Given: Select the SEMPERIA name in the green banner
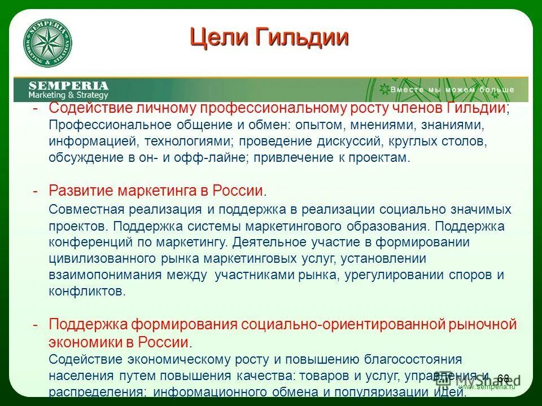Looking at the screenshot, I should pyautogui.click(x=68, y=85).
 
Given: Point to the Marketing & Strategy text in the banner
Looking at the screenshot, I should pyautogui.click(x=68, y=95).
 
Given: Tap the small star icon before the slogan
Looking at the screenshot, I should pyautogui.click(x=384, y=89).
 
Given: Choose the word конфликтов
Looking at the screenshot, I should pyautogui.click(x=85, y=292).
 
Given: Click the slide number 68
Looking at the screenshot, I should pyautogui.click(x=504, y=378).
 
